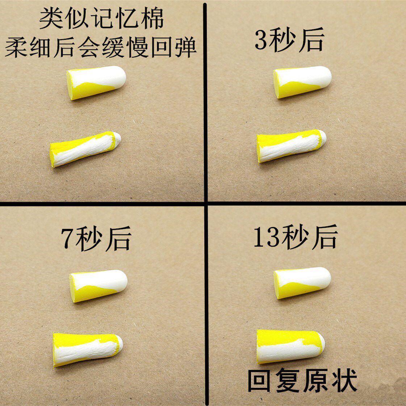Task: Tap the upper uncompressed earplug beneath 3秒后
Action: pyautogui.click(x=302, y=82)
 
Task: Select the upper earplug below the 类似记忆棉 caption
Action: pyautogui.click(x=96, y=83)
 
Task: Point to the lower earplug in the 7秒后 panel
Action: pyautogui.click(x=88, y=349)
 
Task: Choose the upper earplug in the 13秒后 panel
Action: pyautogui.click(x=302, y=282)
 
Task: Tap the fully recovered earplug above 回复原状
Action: pyautogui.click(x=290, y=346)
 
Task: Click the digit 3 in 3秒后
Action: pyautogui.click(x=261, y=41)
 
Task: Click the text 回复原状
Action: pyautogui.click(x=302, y=380)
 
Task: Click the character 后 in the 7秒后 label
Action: pyautogui.click(x=118, y=239)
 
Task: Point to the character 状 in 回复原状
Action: pyautogui.click(x=344, y=380)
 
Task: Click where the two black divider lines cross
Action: pyautogui.click(x=206, y=204)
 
